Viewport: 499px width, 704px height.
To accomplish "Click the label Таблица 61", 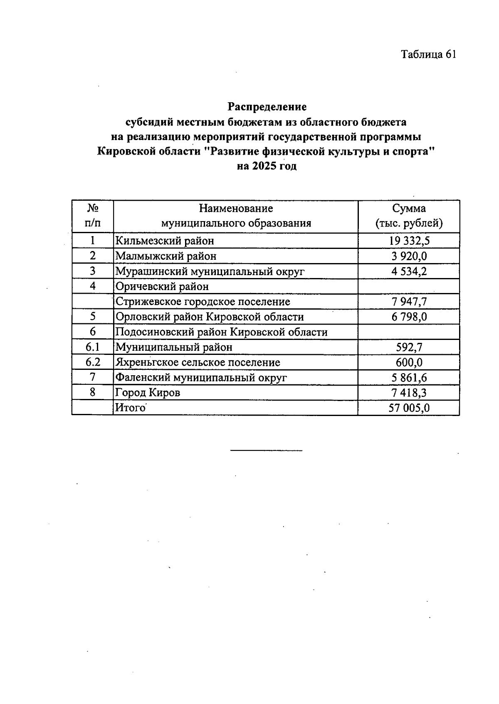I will click(x=428, y=54).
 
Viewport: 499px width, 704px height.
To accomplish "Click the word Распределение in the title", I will click(x=267, y=107).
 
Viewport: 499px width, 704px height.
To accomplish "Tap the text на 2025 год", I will click(x=267, y=166).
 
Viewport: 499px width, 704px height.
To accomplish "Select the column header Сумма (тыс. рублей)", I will click(x=409, y=216).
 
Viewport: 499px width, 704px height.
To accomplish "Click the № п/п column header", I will click(x=92, y=216).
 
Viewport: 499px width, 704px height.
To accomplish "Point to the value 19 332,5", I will click(x=409, y=241).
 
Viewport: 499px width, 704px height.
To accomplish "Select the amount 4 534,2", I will click(x=409, y=271).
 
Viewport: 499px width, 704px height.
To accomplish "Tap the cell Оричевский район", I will click(x=162, y=286).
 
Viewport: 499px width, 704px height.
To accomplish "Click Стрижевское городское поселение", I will click(x=203, y=302).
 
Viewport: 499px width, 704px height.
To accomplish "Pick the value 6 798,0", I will click(x=409, y=317).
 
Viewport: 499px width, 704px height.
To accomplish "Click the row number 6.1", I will click(x=92, y=347).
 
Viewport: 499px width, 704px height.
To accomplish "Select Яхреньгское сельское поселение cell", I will click(x=198, y=362).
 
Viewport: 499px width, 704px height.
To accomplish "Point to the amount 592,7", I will click(x=409, y=347).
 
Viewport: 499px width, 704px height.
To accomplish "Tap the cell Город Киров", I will click(x=148, y=392).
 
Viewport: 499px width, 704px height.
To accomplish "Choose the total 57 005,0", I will click(x=409, y=408).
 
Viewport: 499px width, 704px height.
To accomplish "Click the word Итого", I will click(x=130, y=408).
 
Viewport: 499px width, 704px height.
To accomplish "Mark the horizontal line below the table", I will click(x=266, y=450).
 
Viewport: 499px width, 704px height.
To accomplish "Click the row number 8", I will click(x=92, y=392).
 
